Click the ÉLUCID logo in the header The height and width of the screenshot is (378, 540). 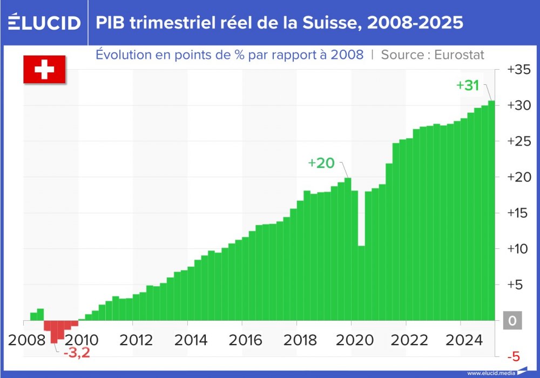pyautogui.click(x=45, y=23)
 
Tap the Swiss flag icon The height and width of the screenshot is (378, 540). pyautogui.click(x=44, y=69)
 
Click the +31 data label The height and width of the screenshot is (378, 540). pyautogui.click(x=468, y=85)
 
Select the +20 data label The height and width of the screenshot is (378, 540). pyautogui.click(x=321, y=163)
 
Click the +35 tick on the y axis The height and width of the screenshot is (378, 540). pyautogui.click(x=518, y=70)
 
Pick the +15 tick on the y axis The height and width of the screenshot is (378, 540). pyautogui.click(x=518, y=213)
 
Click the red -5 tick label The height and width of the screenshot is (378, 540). pyautogui.click(x=513, y=356)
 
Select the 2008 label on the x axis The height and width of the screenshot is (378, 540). pyautogui.click(x=27, y=340)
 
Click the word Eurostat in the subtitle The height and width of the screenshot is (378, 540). pyautogui.click(x=460, y=55)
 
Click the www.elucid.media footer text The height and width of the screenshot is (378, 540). pyautogui.click(x=490, y=373)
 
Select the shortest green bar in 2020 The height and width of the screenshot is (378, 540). pyautogui.click(x=361, y=283)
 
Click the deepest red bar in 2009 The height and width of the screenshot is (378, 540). pyautogui.click(x=54, y=332)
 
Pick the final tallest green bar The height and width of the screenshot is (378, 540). pyautogui.click(x=491, y=211)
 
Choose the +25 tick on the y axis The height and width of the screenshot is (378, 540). pyautogui.click(x=518, y=141)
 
